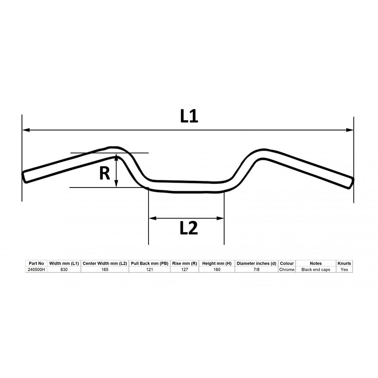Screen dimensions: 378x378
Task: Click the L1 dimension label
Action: click(x=189, y=117)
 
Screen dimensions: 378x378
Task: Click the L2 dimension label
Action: click(x=189, y=228)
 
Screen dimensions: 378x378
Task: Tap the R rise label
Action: click(x=104, y=174)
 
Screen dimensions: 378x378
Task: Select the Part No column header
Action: click(x=36, y=263)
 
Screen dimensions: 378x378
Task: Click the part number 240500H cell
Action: click(x=36, y=270)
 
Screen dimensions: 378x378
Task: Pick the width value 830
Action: click(x=65, y=270)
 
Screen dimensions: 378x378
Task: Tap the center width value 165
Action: click(x=105, y=270)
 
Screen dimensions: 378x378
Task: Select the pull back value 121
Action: click(x=149, y=270)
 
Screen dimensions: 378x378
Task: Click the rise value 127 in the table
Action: click(x=184, y=270)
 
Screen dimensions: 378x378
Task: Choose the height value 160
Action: click(x=217, y=270)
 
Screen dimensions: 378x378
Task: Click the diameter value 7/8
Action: click(x=256, y=270)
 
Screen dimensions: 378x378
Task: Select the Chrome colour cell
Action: click(x=287, y=270)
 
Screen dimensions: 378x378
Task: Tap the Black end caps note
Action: click(x=316, y=270)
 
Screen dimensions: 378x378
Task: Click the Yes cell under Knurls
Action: click(x=344, y=270)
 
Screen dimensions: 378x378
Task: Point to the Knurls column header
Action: click(x=344, y=263)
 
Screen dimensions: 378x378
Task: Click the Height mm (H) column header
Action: click(x=217, y=263)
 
